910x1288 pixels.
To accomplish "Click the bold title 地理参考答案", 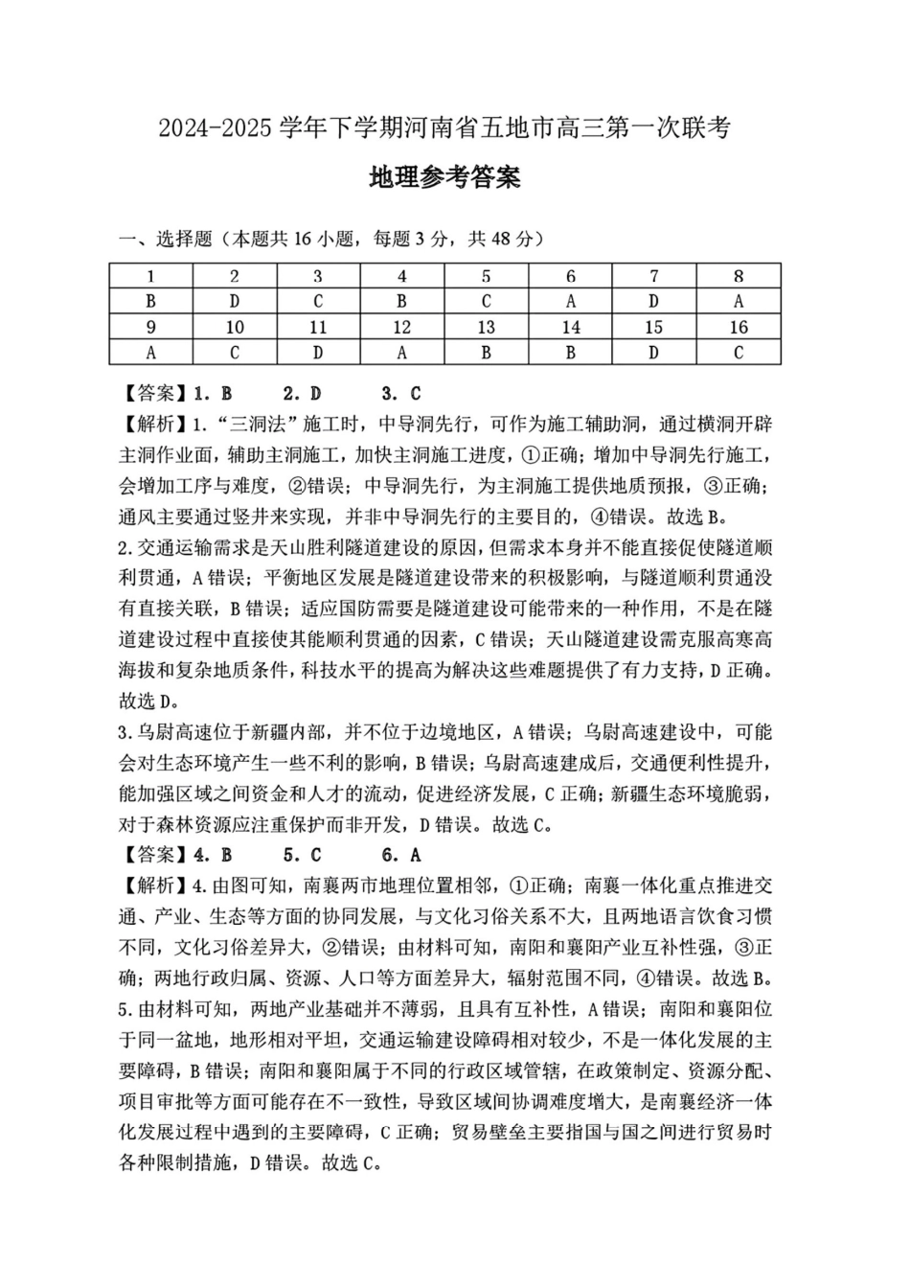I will pos(444,178).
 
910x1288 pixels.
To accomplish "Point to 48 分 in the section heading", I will pos(515,239).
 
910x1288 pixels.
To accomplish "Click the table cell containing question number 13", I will pos(486,328).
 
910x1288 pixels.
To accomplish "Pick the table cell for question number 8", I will pos(738,277).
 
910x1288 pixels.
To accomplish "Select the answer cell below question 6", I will pos(570,302).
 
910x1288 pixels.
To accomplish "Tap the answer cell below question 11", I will pos(318,353).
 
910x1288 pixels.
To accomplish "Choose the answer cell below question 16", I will pos(738,353).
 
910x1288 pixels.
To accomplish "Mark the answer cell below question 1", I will pos(150,302).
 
